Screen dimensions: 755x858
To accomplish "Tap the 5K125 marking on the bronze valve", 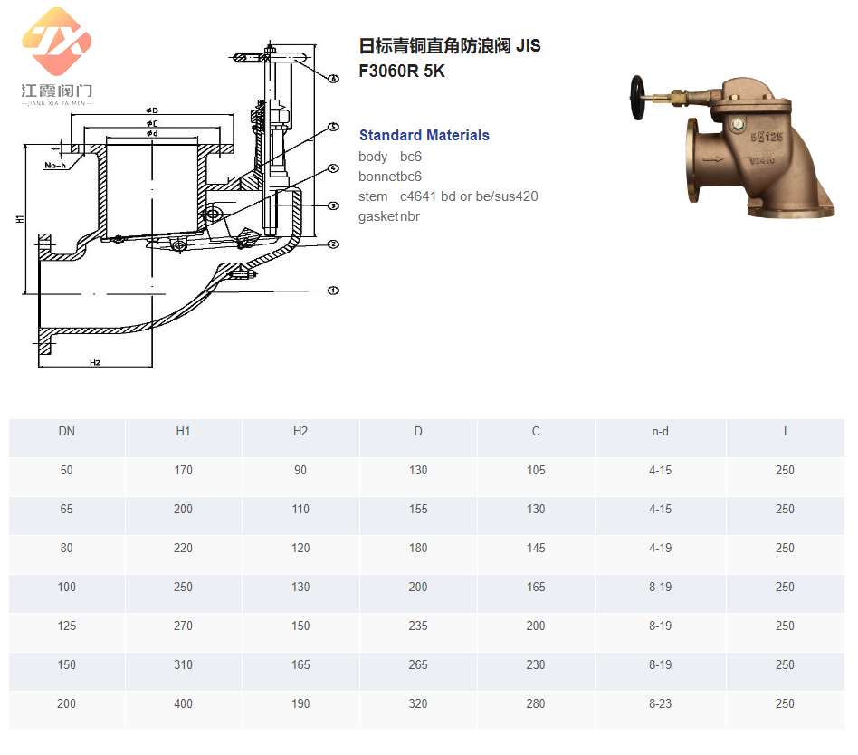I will tap(767, 137).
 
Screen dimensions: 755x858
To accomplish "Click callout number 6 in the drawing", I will tap(333, 80).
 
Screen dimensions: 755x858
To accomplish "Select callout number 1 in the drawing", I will tap(333, 291).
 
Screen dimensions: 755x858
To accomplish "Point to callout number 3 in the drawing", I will tap(333, 205).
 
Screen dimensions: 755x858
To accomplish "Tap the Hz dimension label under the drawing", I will tap(94, 362).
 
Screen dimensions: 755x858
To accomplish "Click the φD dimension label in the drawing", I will tap(152, 111).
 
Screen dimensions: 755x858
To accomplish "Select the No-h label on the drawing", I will tap(56, 166).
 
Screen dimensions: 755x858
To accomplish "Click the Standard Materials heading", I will tap(424, 135).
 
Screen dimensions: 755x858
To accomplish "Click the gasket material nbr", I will tap(410, 216).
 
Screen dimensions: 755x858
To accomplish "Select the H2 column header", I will tap(300, 431).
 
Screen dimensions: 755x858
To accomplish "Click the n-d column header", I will tap(661, 431).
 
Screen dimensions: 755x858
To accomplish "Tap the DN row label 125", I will tap(67, 626).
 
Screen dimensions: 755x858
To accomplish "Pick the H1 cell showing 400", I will tap(183, 703).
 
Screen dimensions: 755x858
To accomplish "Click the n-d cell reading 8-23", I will tap(661, 703).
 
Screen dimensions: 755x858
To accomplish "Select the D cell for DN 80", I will tap(418, 548).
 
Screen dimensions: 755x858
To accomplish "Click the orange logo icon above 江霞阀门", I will tap(57, 41).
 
